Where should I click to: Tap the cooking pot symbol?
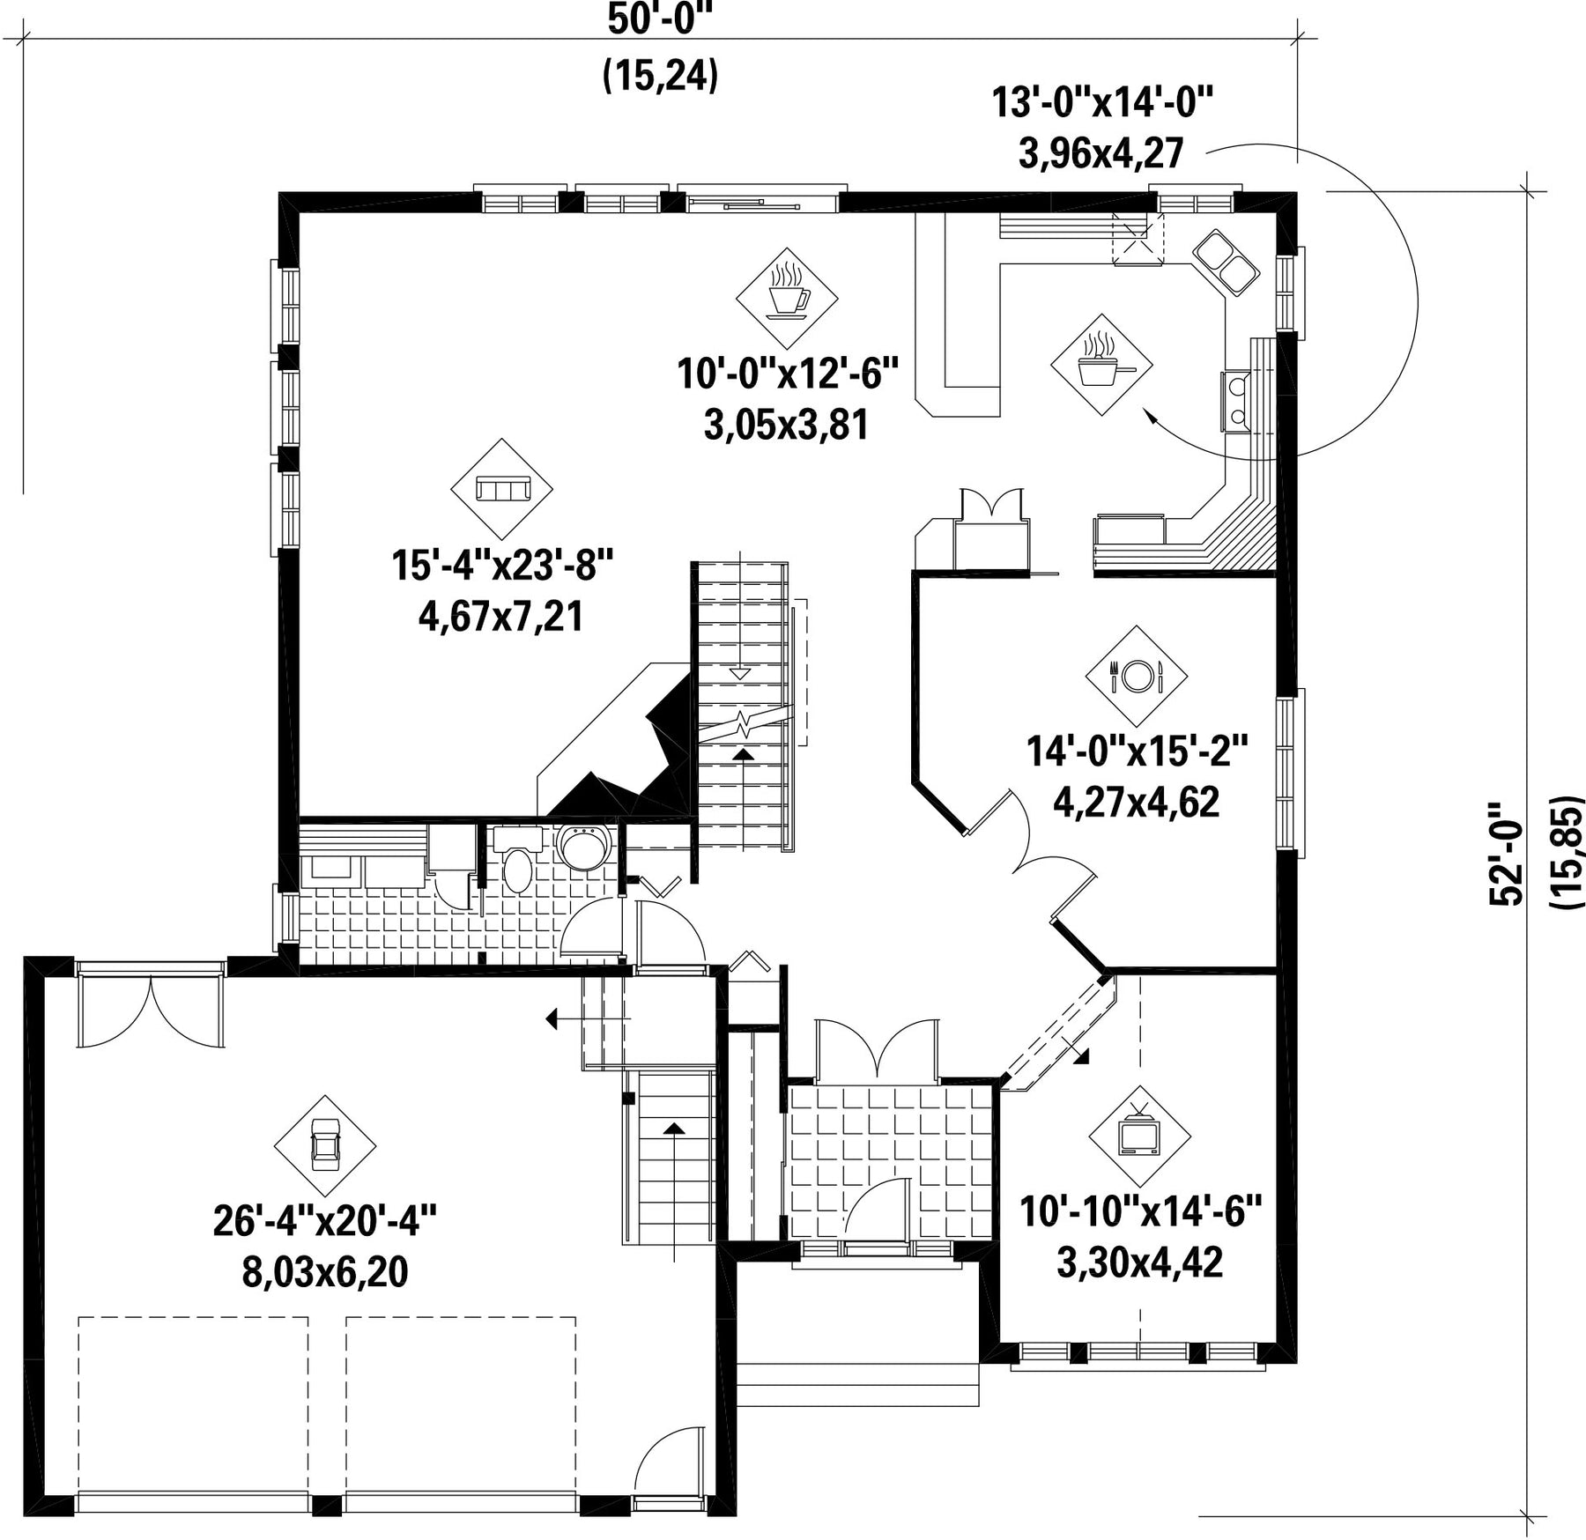pyautogui.click(x=1101, y=363)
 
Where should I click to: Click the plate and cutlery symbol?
pyautogui.click(x=1136, y=676)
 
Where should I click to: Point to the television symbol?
pyautogui.click(x=1138, y=1136)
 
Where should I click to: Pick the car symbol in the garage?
pyautogui.click(x=325, y=1144)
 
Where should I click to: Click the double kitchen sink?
pyautogui.click(x=1226, y=262)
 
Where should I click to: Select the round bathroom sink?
pyautogui.click(x=585, y=848)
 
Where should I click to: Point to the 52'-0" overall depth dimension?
pyautogui.click(x=1505, y=852)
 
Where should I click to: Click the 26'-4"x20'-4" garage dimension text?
pyautogui.click(x=325, y=1221)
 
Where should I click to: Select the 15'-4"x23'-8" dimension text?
pyautogui.click(x=502, y=565)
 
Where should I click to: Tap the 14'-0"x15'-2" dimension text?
pyautogui.click(x=1138, y=751)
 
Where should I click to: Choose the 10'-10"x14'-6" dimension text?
pyautogui.click(x=1141, y=1211)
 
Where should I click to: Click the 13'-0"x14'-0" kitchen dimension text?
pyautogui.click(x=1103, y=102)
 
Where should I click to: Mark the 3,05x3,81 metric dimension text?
pyautogui.click(x=786, y=425)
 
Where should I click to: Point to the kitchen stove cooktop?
pyautogui.click(x=1235, y=401)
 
